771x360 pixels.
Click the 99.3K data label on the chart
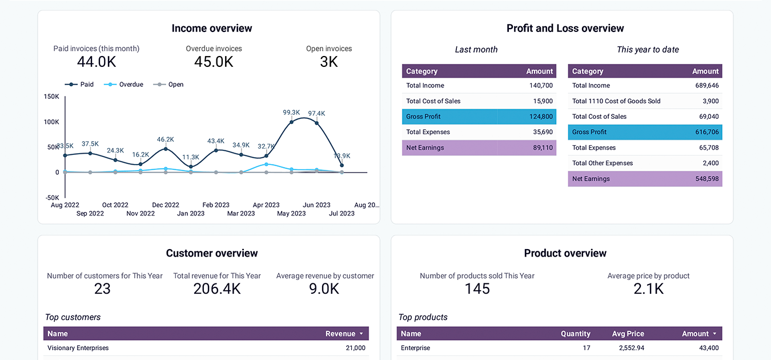[x=291, y=113]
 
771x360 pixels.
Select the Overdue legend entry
[x=131, y=85]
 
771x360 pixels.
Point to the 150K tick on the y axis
[x=51, y=97]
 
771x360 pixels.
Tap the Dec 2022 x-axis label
[x=166, y=205]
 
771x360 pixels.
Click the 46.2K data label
[x=166, y=139]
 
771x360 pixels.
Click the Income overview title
[x=212, y=29]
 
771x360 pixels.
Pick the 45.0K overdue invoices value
[x=214, y=62]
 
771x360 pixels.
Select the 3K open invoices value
[x=329, y=62]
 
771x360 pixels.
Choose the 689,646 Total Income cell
[x=706, y=86]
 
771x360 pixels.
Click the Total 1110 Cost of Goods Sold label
[x=616, y=101]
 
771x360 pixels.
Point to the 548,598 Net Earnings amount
[x=706, y=179]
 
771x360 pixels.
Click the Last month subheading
[x=476, y=50]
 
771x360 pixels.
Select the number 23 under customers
[x=102, y=289]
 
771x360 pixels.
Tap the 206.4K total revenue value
[x=217, y=289]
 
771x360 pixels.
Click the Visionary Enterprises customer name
[x=78, y=348]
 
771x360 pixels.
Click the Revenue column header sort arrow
[x=361, y=334]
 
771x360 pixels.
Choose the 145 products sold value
[x=477, y=289]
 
